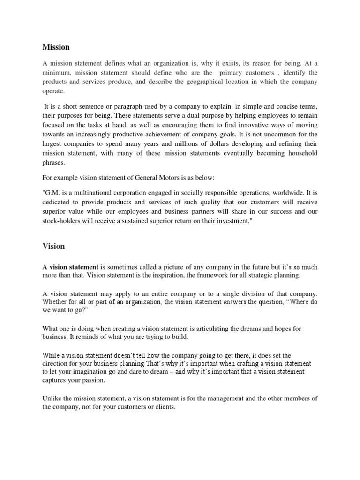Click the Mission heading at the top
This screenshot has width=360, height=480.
(56, 47)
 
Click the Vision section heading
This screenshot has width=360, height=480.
(53, 246)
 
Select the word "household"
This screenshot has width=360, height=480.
(298, 153)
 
